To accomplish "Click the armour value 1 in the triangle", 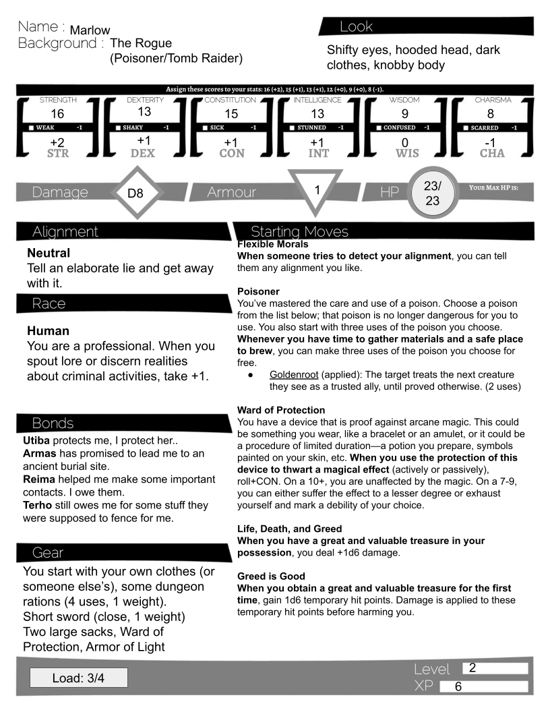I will tap(316, 190).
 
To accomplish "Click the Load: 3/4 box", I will tap(78, 677).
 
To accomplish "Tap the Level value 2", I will tap(472, 668).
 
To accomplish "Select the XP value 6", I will tap(458, 686).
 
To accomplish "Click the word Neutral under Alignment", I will tap(49, 254).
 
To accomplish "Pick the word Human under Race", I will tap(48, 332).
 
